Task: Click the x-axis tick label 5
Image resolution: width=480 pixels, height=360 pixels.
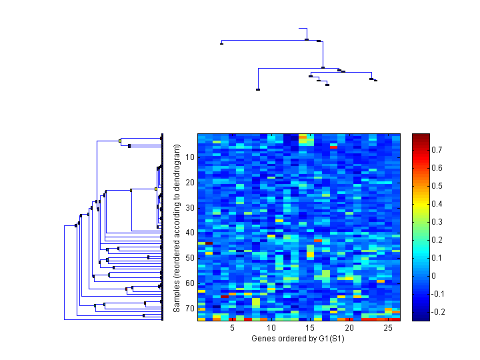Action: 232,329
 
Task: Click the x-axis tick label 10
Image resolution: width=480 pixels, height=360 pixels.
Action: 271,329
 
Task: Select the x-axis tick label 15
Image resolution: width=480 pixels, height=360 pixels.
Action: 310,329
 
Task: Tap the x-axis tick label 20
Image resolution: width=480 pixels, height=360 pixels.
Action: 349,329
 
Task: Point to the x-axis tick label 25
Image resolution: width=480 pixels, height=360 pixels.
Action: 388,329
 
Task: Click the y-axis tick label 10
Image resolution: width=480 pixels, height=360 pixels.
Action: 190,157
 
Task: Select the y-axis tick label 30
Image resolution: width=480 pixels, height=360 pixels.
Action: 190,208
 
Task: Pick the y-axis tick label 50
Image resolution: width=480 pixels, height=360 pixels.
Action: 190,258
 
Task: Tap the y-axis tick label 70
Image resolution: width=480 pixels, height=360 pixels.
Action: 190,309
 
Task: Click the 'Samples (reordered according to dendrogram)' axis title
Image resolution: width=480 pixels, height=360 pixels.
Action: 177,227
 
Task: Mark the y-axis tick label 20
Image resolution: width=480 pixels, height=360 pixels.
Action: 190,183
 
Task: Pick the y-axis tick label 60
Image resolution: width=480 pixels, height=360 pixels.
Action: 190,283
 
